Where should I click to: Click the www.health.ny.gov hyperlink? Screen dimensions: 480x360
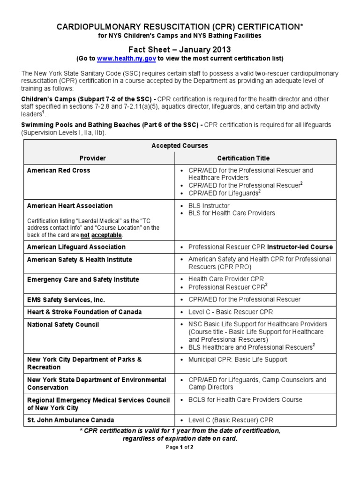coord(126,59)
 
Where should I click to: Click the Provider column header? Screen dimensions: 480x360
coord(92,158)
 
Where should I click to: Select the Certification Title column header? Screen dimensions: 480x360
coord(243,158)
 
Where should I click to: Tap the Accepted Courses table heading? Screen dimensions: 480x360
coord(180,146)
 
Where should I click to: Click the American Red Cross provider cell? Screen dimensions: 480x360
coord(59,170)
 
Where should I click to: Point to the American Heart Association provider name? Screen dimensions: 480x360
coord(70,206)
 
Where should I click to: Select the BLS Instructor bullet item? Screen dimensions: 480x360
coord(209,206)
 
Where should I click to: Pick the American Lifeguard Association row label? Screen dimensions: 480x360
coord(76,247)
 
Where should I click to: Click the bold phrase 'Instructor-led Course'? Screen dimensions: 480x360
coord(300,247)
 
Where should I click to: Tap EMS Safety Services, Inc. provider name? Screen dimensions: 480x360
coord(66,300)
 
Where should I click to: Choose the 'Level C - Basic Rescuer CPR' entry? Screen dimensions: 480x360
coord(230,312)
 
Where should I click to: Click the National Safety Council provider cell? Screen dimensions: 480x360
coord(63,324)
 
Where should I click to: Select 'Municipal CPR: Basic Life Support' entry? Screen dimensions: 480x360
coord(238,360)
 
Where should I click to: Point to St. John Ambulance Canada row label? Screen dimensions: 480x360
coord(70,420)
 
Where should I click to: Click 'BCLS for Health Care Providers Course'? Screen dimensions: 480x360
coord(245,400)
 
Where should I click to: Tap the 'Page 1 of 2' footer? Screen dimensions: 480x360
coord(180,447)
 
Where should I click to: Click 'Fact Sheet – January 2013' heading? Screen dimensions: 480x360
coord(180,49)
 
